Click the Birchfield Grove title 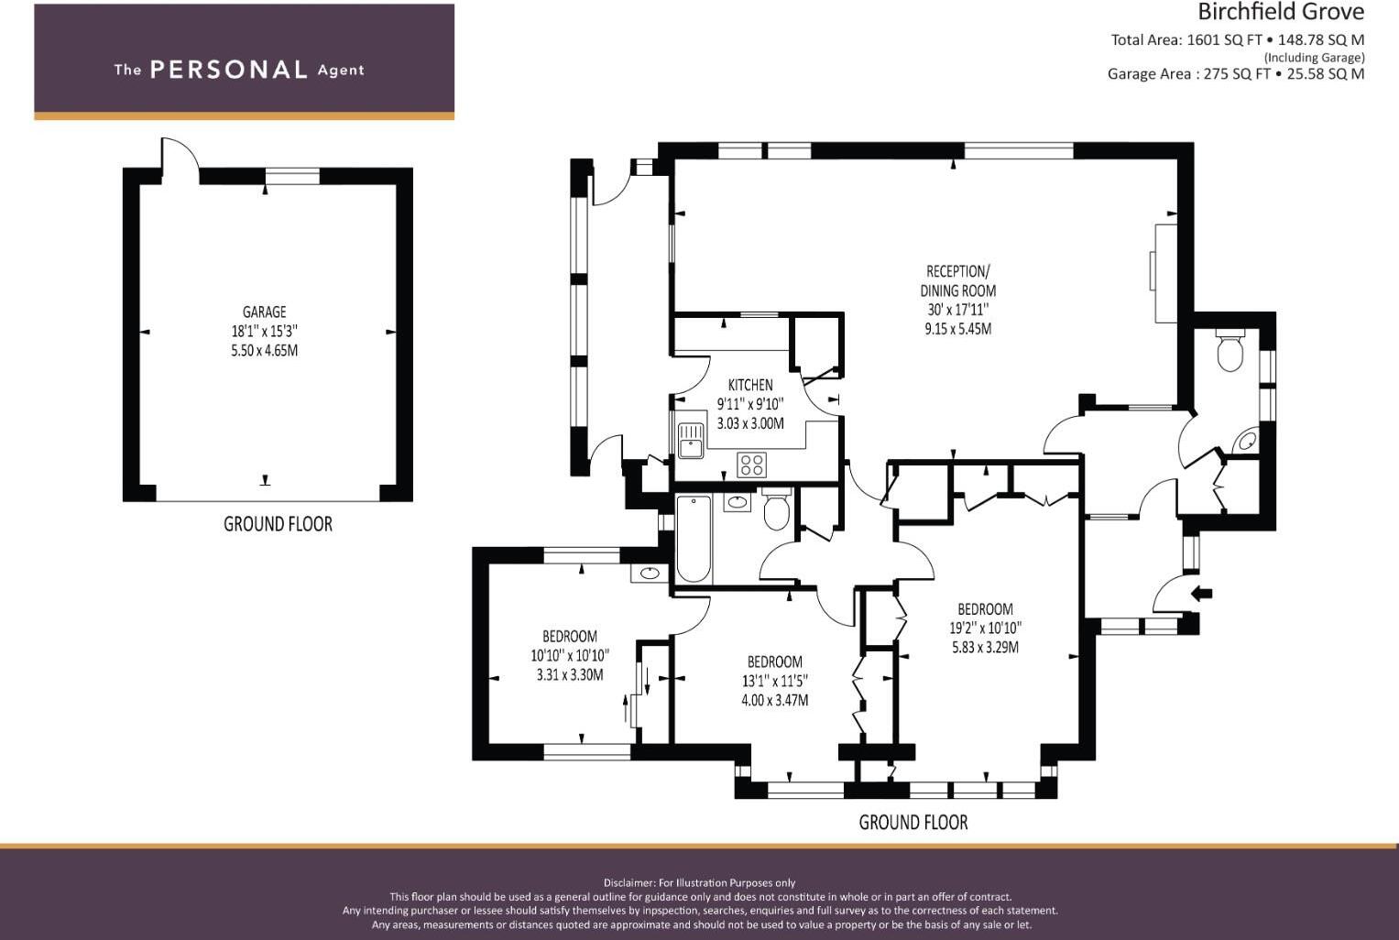[x=1280, y=13]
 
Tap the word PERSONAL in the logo [x=229, y=70]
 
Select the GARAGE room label [x=264, y=312]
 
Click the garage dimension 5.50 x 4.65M [x=264, y=350]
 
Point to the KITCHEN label [x=750, y=386]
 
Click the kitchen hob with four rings [x=751, y=465]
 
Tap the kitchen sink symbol [x=691, y=441]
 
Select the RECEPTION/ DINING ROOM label [x=957, y=281]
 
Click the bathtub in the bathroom [x=694, y=539]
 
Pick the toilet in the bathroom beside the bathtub [x=776, y=509]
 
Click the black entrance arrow [x=1202, y=594]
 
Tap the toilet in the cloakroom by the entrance [x=1230, y=351]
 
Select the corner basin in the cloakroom [x=1247, y=441]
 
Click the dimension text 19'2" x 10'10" [x=985, y=628]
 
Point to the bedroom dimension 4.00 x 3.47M [x=774, y=700]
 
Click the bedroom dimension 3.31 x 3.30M [x=570, y=674]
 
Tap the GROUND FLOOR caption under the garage [x=278, y=524]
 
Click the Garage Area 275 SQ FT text [x=1189, y=74]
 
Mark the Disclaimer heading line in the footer [x=699, y=882]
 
